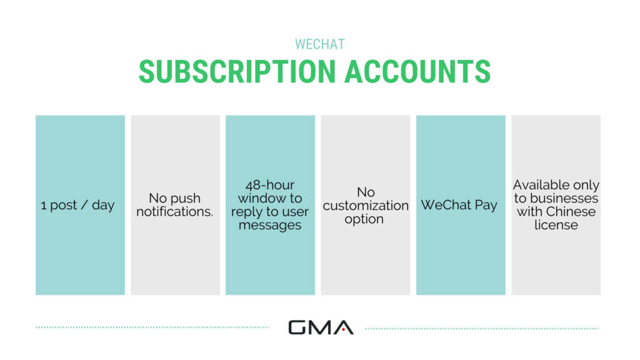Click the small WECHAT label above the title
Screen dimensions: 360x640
(x=319, y=45)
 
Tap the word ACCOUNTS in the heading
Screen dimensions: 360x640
(x=417, y=71)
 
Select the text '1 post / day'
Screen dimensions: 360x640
(x=78, y=205)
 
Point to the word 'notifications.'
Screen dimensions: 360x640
(x=175, y=212)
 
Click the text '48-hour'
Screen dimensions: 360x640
(x=270, y=185)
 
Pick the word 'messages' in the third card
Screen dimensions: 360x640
(x=270, y=226)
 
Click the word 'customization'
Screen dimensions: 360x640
(x=366, y=206)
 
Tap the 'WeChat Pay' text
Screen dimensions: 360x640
(x=459, y=205)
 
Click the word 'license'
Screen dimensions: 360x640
(x=556, y=225)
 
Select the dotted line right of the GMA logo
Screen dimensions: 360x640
(x=481, y=327)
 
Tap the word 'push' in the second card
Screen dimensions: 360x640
(x=185, y=198)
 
